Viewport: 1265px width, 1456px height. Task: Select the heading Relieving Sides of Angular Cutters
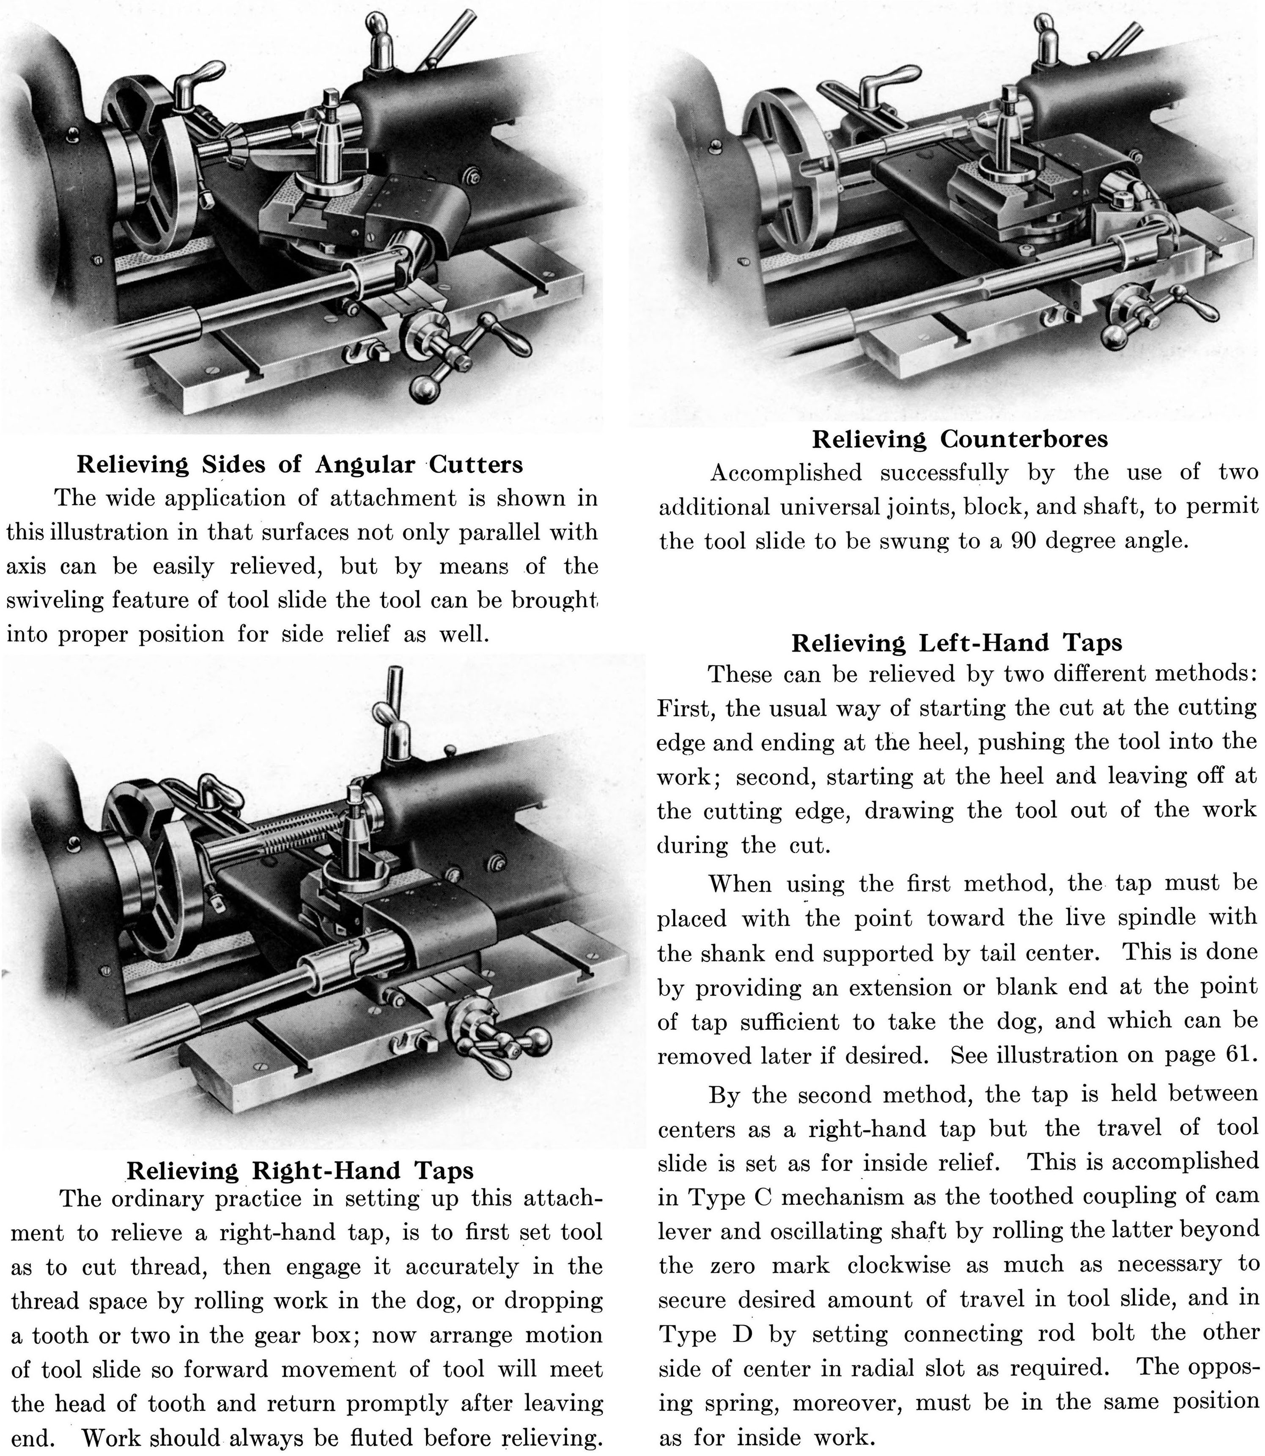click(x=300, y=465)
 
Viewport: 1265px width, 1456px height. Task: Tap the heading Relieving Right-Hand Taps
click(x=300, y=1112)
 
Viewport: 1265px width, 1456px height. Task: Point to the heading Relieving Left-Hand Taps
click(x=957, y=643)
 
